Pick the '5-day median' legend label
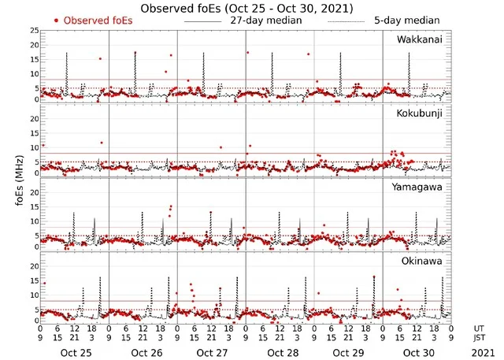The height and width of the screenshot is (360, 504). pos(402,20)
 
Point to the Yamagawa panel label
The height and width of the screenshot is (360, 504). pos(421,187)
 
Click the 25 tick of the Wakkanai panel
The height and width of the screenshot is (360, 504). pos(33,31)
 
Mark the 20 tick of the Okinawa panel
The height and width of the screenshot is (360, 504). pos(33,266)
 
